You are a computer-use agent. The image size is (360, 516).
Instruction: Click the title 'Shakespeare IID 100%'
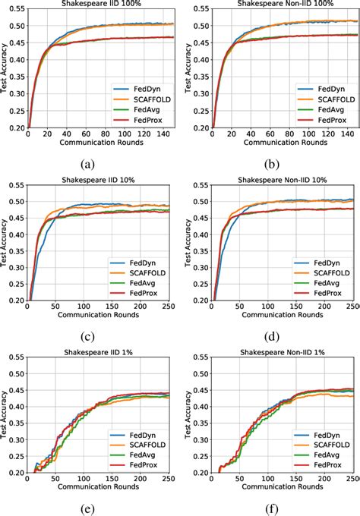(100, 4)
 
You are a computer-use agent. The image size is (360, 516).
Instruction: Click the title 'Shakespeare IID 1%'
(100, 353)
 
